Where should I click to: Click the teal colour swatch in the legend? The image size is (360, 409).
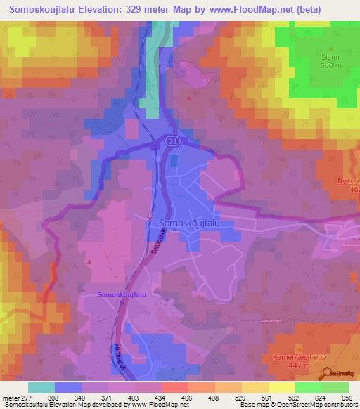click(41, 387)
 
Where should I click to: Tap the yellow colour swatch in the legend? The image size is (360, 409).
click(282, 387)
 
